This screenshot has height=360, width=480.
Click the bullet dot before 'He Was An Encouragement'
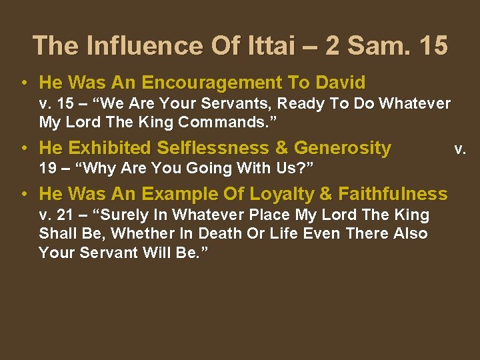(x=24, y=83)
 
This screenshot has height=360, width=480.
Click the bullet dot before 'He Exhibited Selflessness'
(x=24, y=148)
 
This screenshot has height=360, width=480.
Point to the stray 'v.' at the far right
(x=460, y=148)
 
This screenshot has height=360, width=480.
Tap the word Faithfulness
(x=393, y=194)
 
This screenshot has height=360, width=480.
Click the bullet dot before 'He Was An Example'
(x=24, y=195)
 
